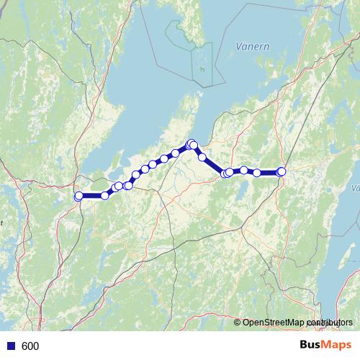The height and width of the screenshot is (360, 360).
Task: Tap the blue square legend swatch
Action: [x=10, y=346]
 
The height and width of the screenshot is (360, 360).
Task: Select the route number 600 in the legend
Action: [x=30, y=346]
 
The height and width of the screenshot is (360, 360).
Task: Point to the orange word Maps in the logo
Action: [x=337, y=346]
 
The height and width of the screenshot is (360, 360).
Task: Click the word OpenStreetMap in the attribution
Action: [x=273, y=323]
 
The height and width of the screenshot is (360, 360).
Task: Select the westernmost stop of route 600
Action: [x=78, y=196]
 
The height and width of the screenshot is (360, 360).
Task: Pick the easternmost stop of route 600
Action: [x=282, y=171]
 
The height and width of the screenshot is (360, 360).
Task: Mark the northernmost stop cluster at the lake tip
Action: [x=192, y=144]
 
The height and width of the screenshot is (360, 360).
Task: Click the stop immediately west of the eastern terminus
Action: [x=257, y=173]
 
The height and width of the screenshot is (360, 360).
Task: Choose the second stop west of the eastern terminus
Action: [x=244, y=170]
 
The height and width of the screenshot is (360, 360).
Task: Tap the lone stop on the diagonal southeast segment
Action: [x=203, y=157]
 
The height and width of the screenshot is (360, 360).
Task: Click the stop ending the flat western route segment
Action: [x=105, y=195]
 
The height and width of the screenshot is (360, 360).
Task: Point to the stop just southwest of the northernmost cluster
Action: [x=175, y=153]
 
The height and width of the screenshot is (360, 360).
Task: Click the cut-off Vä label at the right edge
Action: [x=356, y=188]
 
